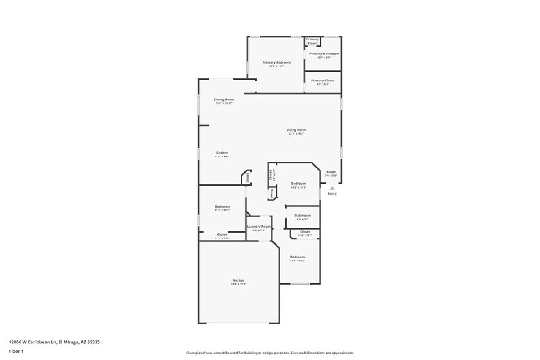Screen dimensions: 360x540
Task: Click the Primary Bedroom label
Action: [x=276, y=62]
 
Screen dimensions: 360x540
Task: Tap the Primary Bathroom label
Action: [x=324, y=54]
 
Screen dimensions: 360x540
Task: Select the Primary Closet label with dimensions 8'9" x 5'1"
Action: [x=323, y=81]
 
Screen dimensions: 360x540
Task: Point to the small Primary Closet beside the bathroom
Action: [x=313, y=42]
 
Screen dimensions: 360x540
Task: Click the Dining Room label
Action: [x=224, y=100]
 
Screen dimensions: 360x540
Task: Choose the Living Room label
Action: [x=296, y=130]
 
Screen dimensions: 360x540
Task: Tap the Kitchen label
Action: [x=222, y=153]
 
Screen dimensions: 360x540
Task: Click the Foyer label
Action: [x=331, y=173]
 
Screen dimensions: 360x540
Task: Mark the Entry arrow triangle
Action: [x=332, y=188]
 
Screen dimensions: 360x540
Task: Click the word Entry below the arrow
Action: [x=332, y=194]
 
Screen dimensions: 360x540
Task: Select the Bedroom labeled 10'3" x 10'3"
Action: [x=298, y=184]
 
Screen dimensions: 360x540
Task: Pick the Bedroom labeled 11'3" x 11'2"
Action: [x=222, y=207]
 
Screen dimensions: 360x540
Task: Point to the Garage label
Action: [x=238, y=280]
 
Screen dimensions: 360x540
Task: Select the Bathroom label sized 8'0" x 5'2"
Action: [x=302, y=216]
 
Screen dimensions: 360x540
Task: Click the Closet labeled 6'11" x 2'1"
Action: [x=304, y=233]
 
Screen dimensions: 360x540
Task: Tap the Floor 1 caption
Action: [x=17, y=351]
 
